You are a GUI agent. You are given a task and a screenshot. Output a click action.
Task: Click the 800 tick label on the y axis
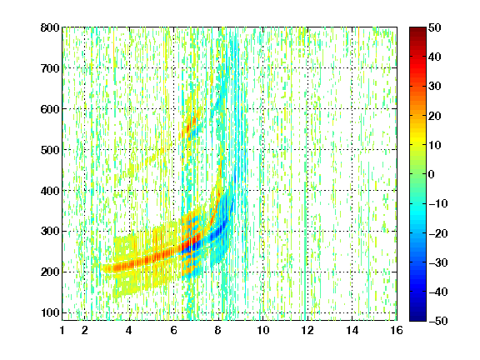pyautogui.click(x=50, y=27)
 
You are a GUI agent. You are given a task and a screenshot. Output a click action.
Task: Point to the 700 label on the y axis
pyautogui.click(x=50, y=68)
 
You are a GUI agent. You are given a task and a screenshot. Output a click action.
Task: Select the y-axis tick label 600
pyautogui.click(x=50, y=109)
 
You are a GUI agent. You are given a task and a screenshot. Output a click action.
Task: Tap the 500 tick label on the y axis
pyautogui.click(x=50, y=150)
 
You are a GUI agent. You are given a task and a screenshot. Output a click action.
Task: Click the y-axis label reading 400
pyautogui.click(x=50, y=191)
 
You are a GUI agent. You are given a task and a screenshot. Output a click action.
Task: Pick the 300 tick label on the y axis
pyautogui.click(x=50, y=231)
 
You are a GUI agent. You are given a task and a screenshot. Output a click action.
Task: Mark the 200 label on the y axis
pyautogui.click(x=50, y=272)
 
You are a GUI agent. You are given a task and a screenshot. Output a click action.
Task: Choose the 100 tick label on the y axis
pyautogui.click(x=50, y=312)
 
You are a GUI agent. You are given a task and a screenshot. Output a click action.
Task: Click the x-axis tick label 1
pyautogui.click(x=62, y=330)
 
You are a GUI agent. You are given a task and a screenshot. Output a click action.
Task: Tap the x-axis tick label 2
pyautogui.click(x=85, y=330)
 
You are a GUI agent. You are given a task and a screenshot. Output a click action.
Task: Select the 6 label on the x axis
pyautogui.click(x=174, y=330)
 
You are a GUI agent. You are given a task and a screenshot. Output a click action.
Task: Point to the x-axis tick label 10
pyautogui.click(x=263, y=330)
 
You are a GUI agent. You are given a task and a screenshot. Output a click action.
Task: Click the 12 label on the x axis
pyautogui.click(x=307, y=330)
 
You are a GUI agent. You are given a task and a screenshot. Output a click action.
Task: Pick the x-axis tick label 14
pyautogui.click(x=352, y=330)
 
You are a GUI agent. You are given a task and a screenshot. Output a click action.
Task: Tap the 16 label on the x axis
pyautogui.click(x=397, y=330)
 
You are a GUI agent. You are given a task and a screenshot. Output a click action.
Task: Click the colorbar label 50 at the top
pyautogui.click(x=434, y=27)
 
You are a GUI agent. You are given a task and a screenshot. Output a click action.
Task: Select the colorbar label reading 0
pyautogui.click(x=432, y=174)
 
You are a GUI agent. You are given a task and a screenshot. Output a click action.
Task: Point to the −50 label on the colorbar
pyautogui.click(x=438, y=321)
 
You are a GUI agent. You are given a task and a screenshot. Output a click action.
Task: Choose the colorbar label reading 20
pyautogui.click(x=434, y=116)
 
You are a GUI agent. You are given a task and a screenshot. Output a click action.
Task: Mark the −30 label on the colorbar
pyautogui.click(x=438, y=262)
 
